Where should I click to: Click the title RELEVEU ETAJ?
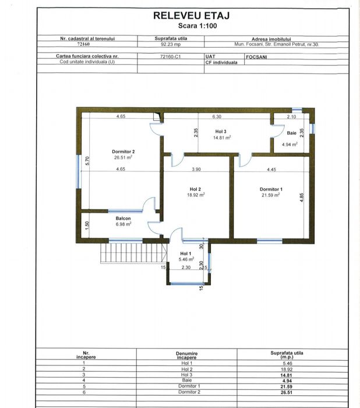tap(192, 16)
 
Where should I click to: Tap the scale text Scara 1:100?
tap(197, 26)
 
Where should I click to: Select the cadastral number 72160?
tap(83, 44)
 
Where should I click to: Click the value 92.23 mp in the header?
tap(171, 44)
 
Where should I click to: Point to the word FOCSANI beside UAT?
tap(256, 57)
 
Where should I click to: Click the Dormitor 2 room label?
tap(123, 152)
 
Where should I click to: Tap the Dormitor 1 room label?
tap(271, 189)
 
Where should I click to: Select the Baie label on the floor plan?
tap(292, 133)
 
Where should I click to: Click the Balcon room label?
tap(123, 219)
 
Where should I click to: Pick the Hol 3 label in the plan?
tap(221, 131)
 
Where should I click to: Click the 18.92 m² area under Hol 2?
tap(196, 195)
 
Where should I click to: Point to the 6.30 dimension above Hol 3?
tap(217, 117)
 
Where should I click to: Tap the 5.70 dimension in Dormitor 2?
tap(87, 160)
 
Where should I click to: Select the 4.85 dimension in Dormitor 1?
tap(302, 198)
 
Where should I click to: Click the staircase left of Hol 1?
tap(133, 253)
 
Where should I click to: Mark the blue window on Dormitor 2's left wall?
tap(78, 171)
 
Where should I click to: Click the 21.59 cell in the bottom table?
tap(286, 386)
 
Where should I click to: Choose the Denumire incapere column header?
tap(187, 356)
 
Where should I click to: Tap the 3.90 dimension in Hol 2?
tap(196, 169)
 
